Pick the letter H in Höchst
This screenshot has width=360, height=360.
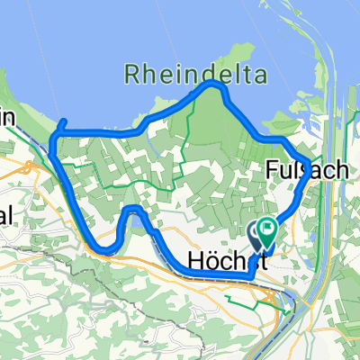pos(198,260)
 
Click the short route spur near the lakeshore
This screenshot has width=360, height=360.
pos(61,125)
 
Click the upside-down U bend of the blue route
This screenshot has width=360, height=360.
pos(132,211)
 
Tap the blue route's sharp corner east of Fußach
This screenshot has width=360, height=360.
pos(310,175)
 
